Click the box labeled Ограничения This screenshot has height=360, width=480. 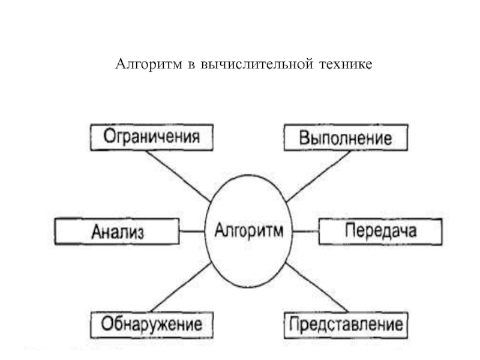pos(152,137)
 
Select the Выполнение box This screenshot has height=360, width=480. pos(346,137)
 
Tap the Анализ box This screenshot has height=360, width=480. pos(117,232)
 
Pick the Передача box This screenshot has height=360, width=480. pos(380,232)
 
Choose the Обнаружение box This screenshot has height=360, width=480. pos(152,325)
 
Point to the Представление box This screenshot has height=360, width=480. pos(346,325)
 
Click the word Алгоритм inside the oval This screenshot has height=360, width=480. pos(248,230)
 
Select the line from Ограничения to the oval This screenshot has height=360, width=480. pos(178,176)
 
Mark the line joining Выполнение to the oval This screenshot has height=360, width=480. pos(319,176)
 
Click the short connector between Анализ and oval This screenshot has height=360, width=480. pos(192,231)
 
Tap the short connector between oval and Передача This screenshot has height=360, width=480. pos(305,231)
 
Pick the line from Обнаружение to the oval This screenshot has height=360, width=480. pos(181,287)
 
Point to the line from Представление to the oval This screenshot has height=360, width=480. pos(317,287)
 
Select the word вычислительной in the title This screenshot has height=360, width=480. pos(257,64)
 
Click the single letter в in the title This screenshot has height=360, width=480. pos(191,65)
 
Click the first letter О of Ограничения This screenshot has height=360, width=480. pos(109,136)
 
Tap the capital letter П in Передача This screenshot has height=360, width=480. pos(350,230)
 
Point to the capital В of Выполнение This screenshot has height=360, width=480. pos(304,138)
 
